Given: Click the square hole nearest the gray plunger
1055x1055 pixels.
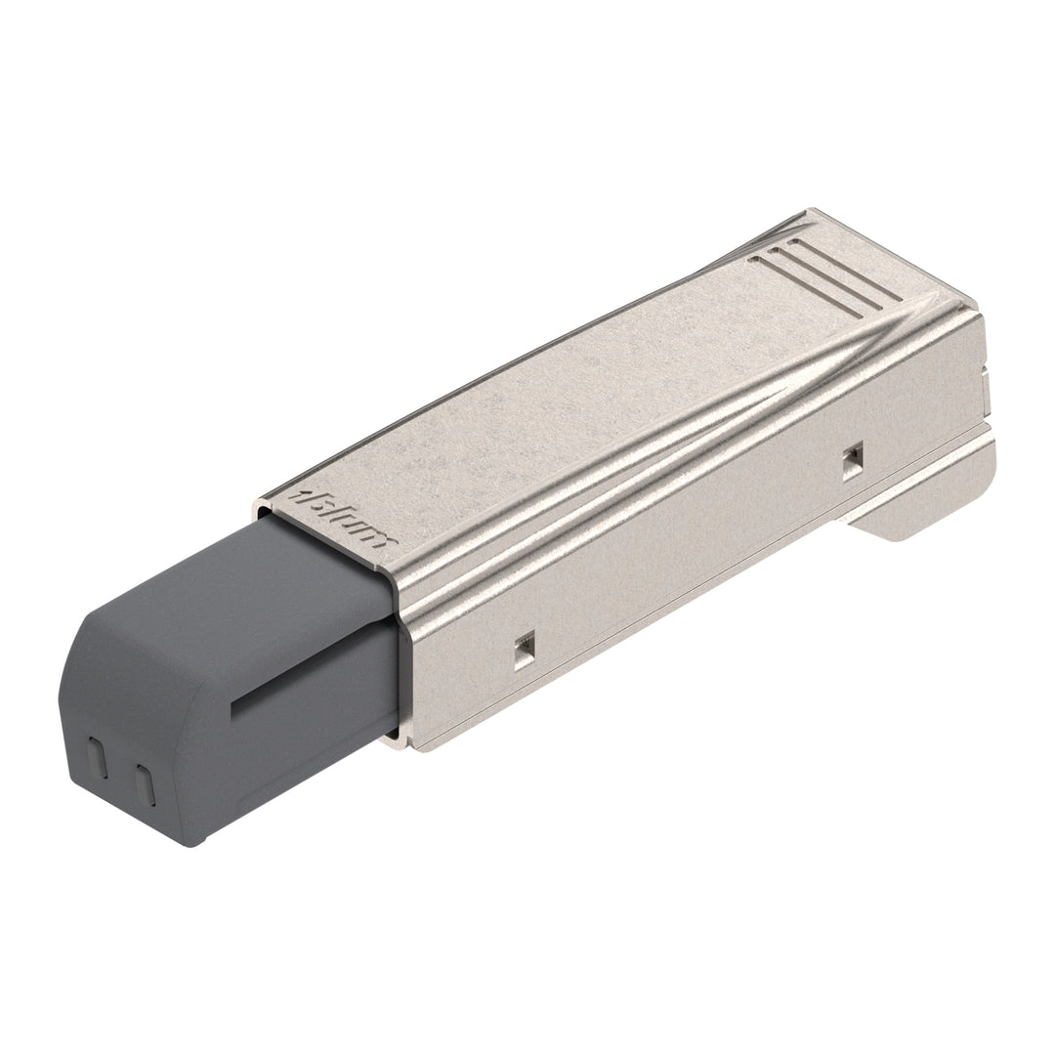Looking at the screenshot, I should click(525, 646).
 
